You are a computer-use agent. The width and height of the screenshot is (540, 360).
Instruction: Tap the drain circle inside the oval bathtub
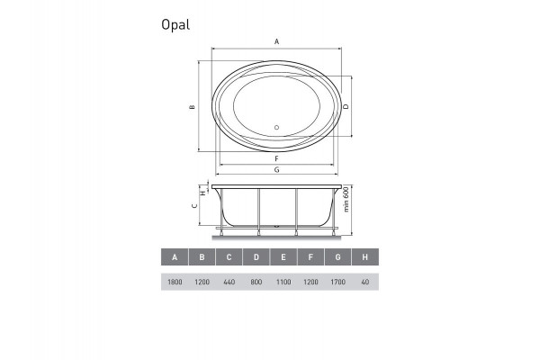coord(277,127)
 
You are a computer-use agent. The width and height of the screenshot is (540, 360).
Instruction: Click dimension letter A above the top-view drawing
coord(277,41)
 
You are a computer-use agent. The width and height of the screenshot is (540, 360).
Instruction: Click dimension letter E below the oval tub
coord(277,143)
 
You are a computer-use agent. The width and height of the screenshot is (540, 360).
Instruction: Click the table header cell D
coord(256,257)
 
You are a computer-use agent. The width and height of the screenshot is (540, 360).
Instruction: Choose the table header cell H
coord(364,257)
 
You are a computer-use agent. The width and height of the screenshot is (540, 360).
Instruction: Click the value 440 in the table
coord(229,283)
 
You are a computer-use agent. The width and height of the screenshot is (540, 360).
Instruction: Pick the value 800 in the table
coord(256,283)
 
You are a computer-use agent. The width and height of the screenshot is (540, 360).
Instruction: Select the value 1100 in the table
coord(283,283)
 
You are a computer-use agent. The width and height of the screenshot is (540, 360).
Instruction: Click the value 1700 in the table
coord(337,283)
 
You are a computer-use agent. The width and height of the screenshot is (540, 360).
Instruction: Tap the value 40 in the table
coord(364,283)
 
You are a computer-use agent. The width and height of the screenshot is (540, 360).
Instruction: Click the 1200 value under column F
coord(310,283)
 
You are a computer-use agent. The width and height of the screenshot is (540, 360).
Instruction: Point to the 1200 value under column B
coord(202,283)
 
